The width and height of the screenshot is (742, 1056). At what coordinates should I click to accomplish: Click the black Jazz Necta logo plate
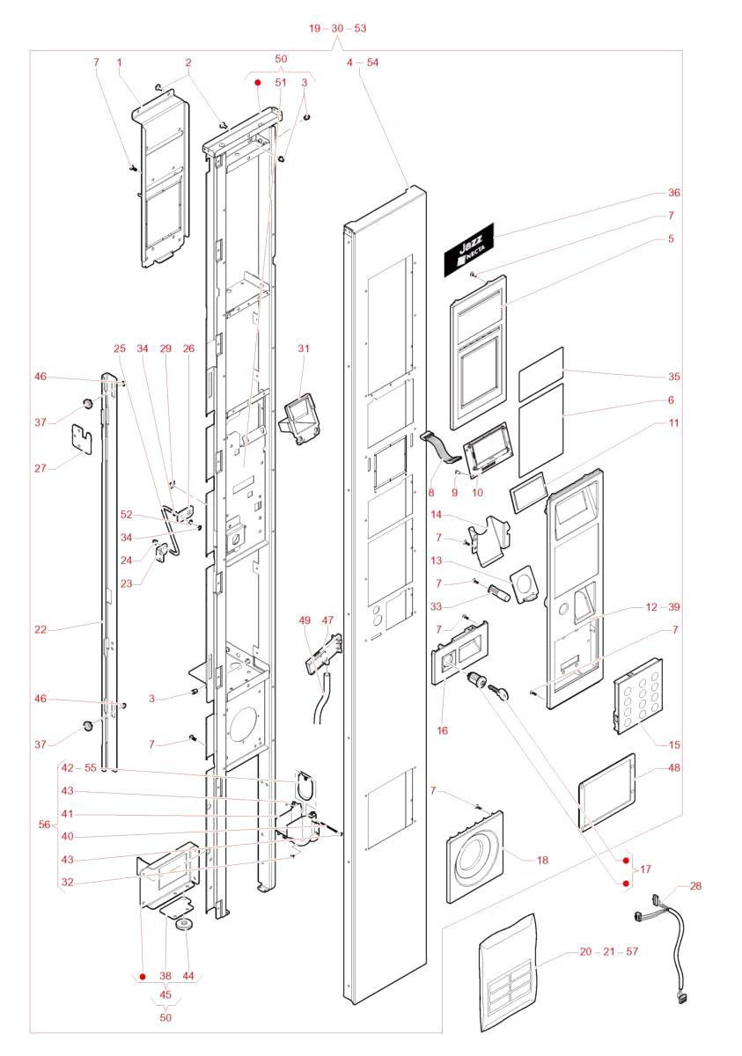469,247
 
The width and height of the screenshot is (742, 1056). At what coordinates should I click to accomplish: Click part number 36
674,193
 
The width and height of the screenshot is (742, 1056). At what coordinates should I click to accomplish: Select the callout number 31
304,348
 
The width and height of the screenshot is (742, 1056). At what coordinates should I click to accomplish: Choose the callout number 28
696,886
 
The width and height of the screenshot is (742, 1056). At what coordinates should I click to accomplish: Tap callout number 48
674,767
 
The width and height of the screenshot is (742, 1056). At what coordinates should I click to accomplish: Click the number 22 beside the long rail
40,629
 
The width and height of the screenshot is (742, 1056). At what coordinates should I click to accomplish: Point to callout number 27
40,468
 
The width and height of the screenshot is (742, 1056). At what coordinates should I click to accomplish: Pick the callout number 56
45,825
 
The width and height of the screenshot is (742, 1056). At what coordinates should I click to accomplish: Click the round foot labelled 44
186,927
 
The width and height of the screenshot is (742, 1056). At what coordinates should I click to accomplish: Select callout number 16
442,730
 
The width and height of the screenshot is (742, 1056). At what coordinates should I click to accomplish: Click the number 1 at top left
119,62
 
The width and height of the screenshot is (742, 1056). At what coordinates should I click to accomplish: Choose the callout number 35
674,377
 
